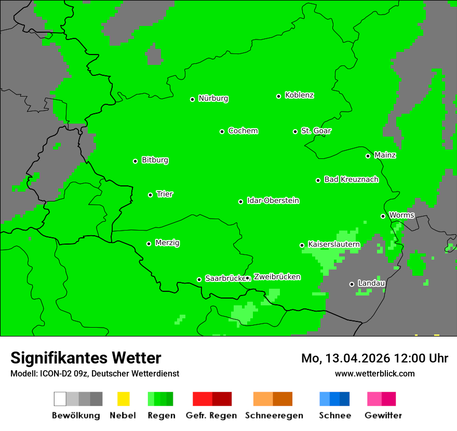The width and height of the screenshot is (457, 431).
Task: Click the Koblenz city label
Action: pos(299,96)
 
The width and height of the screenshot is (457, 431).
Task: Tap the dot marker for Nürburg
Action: pos(192,99)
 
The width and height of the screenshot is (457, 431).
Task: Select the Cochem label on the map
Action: pos(243,131)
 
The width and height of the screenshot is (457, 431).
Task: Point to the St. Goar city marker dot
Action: pos(295,131)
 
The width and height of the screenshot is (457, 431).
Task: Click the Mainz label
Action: pos(385,155)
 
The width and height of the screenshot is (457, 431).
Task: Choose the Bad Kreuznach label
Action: pos(351,180)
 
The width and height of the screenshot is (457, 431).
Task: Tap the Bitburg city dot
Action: pos(135,161)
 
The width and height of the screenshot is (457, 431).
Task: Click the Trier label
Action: pos(165,194)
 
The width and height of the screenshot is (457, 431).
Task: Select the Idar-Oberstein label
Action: pos(273,201)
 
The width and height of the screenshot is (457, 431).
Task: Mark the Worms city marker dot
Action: pos(383,216)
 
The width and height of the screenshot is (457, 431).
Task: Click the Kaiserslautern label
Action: pos(334,244)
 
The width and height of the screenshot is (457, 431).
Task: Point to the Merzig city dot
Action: pos(149,244)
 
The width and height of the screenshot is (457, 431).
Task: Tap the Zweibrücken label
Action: pos(277,277)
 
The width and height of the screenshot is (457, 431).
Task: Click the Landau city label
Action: pos(371,284)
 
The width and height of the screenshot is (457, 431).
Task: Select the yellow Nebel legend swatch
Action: pos(123,399)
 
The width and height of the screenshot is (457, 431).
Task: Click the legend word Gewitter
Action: pos(383,415)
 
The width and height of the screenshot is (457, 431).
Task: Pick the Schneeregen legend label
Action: pos(274,415)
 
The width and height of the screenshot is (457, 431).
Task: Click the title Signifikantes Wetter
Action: pos(86,358)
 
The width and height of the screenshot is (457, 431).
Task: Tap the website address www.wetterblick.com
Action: pos(374,374)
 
